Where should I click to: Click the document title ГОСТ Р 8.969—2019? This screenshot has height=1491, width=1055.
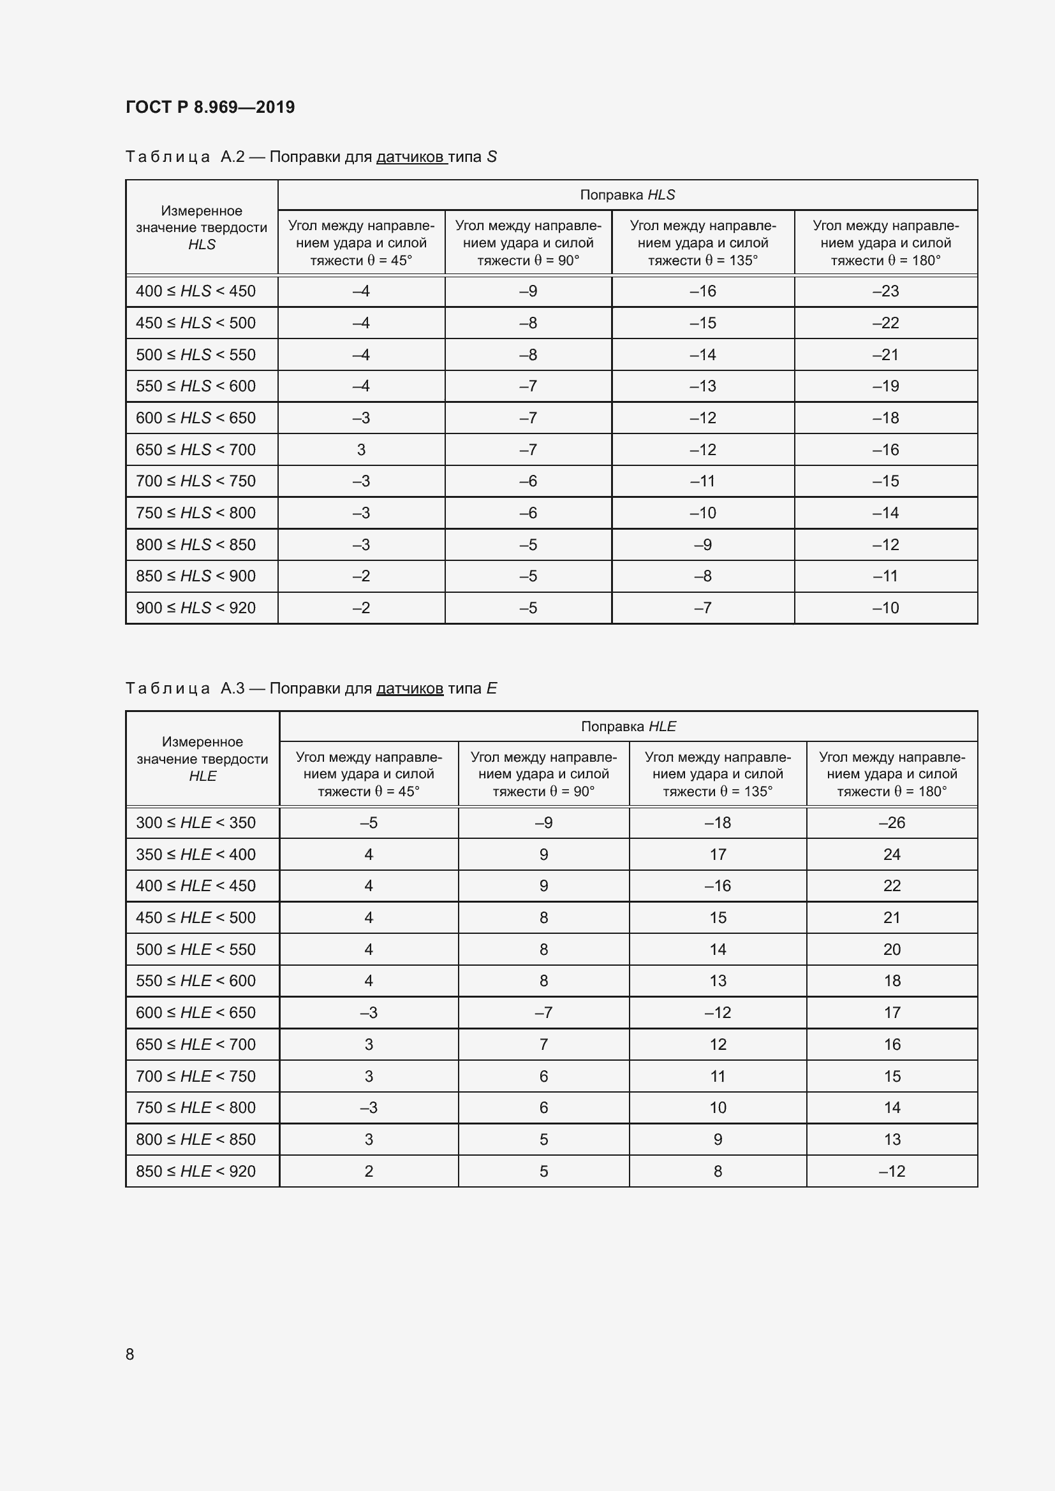pos(210,107)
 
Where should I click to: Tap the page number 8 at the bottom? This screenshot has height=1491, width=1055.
pos(130,1354)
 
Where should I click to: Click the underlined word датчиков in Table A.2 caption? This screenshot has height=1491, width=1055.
pos(411,157)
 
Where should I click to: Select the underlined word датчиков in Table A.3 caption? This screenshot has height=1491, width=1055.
pos(409,688)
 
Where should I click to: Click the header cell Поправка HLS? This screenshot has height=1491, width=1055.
pos(627,195)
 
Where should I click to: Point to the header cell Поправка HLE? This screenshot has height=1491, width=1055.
pos(628,726)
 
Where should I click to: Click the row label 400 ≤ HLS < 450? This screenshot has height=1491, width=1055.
pos(196,291)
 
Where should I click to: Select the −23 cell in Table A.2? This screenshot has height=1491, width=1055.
pos(885,291)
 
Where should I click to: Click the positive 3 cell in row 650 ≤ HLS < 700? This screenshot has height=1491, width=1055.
pos(361,449)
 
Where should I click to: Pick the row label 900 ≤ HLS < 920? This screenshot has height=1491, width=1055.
pos(196,608)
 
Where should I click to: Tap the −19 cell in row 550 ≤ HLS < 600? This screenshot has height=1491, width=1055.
pos(885,386)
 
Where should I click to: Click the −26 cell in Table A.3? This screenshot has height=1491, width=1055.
pos(891,822)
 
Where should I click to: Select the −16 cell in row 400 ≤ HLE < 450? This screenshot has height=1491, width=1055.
pos(717,886)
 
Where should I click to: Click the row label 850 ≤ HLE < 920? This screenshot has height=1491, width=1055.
pos(196,1171)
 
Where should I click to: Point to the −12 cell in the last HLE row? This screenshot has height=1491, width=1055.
pos(891,1171)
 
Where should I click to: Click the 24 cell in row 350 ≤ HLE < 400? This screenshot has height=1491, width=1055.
pos(891,854)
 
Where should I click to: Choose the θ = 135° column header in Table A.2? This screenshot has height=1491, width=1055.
pos(703,243)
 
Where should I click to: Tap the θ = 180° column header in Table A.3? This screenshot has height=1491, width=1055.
pos(891,774)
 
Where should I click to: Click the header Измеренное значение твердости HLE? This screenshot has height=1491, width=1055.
pos(202,759)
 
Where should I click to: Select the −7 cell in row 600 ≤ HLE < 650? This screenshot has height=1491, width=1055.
pos(543,1012)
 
